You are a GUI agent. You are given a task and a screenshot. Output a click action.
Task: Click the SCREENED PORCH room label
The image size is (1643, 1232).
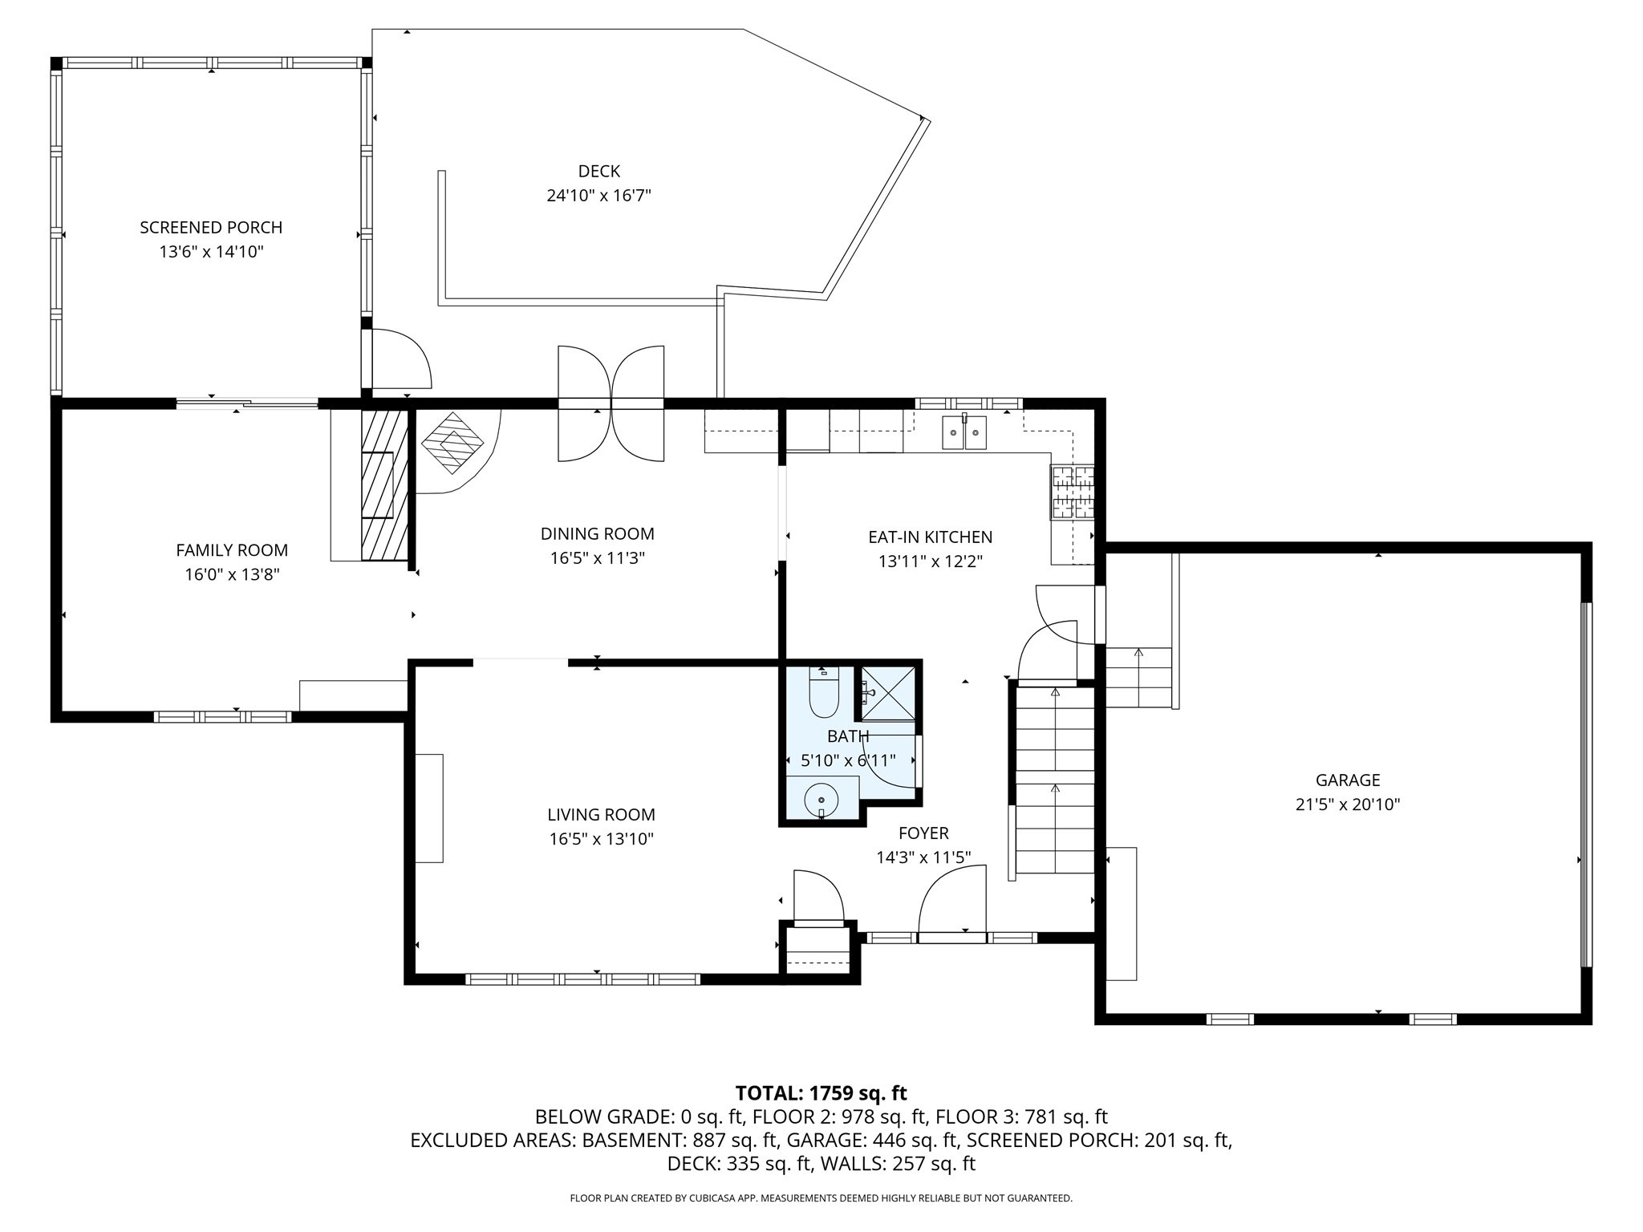click(x=211, y=228)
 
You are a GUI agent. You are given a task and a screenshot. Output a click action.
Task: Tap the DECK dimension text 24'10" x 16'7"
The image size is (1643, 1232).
click(x=598, y=196)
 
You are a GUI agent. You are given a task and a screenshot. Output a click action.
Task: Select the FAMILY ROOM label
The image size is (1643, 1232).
click(x=232, y=550)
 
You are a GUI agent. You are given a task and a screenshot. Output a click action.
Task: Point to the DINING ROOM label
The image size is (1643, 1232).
click(x=597, y=534)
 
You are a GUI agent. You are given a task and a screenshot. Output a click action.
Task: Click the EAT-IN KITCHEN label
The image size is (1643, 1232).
click(x=930, y=537)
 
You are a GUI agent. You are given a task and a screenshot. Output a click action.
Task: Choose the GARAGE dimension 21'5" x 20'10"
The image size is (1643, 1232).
click(x=1347, y=804)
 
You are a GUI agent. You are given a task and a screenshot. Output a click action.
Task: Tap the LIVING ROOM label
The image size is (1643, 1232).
click(x=601, y=815)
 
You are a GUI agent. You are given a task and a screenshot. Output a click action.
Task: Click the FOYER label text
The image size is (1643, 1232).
click(x=923, y=833)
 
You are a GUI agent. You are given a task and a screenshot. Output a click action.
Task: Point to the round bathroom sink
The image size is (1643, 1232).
click(x=821, y=800)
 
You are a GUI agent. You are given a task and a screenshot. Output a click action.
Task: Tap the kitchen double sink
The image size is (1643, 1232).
click(x=964, y=433)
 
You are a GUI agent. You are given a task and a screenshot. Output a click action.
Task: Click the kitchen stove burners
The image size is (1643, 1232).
click(x=1073, y=492)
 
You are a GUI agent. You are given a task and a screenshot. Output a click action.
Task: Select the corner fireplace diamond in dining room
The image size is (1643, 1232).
click(x=452, y=442)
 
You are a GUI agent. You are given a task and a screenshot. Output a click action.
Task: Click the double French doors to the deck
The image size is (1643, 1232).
click(x=611, y=403)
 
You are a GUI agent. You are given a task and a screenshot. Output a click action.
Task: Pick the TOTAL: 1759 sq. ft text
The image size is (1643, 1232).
click(x=821, y=1093)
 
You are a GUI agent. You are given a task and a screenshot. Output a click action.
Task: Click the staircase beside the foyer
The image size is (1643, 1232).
click(x=1054, y=782)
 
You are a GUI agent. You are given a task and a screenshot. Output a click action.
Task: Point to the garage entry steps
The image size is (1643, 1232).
click(x=1138, y=678)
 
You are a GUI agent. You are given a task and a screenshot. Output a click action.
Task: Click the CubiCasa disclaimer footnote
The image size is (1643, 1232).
click(x=821, y=1198)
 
